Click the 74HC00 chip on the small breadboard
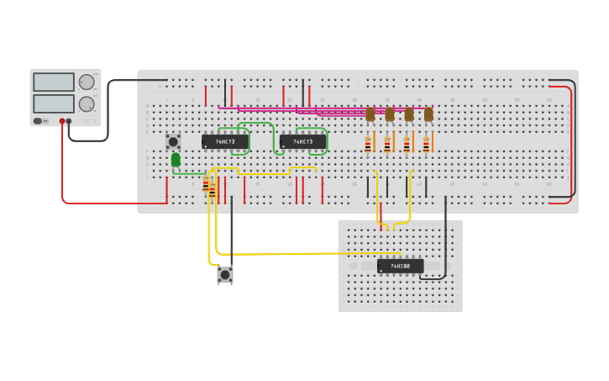click(400, 266)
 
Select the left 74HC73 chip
click(224, 141)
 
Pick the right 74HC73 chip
click(302, 141)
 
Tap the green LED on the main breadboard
click(176, 159)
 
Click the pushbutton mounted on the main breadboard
click(173, 141)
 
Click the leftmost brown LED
click(370, 114)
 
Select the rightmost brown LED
click(428, 114)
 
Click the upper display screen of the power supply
click(54, 82)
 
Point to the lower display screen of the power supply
click(54, 103)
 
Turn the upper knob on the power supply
click(87, 82)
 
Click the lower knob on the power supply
click(87, 103)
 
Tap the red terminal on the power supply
click(62, 121)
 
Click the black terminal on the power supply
click(69, 121)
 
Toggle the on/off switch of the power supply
click(38, 121)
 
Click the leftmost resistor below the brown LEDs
click(368, 145)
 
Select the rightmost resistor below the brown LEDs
click(426, 145)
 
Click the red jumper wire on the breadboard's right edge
click(571, 141)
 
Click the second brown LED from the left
click(390, 114)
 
